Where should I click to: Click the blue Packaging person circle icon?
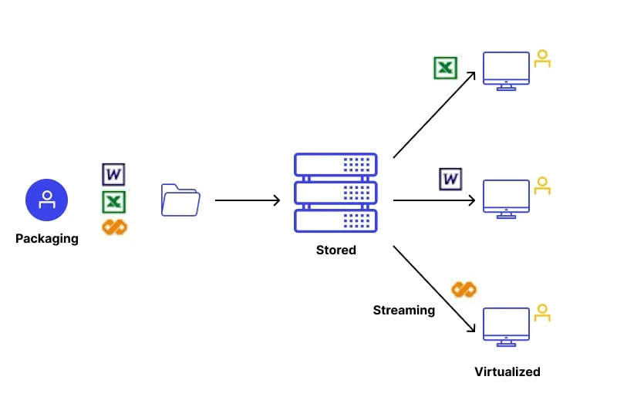click(47, 200)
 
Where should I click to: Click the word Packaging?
click(47, 239)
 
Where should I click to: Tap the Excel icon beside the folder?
click(114, 202)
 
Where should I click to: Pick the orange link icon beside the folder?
click(114, 227)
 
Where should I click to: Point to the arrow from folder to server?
click(247, 201)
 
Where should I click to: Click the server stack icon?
click(335, 193)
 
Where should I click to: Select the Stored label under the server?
click(336, 250)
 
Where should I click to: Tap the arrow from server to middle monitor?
click(434, 201)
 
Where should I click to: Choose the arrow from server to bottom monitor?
click(434, 289)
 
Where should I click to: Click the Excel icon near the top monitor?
click(445, 68)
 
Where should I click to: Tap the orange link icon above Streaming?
click(464, 290)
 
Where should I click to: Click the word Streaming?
click(404, 311)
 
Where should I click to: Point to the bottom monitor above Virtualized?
click(506, 327)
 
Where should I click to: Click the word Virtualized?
click(507, 371)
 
